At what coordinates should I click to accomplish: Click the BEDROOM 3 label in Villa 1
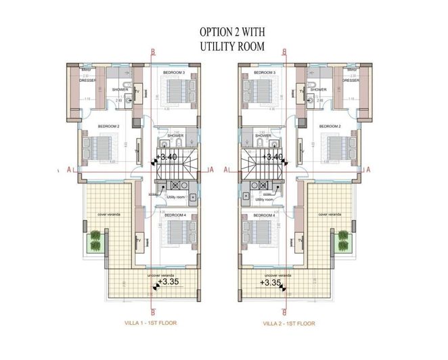pyautogui.click(x=175, y=72)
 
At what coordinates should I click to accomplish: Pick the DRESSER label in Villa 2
pyautogui.click(x=350, y=80)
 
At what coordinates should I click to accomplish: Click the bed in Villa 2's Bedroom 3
pyautogui.click(x=259, y=89)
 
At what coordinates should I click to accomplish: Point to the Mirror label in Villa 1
pyautogui.click(x=86, y=70)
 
